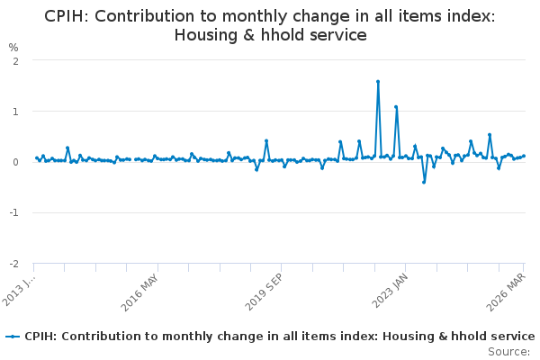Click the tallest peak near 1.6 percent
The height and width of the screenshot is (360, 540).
coord(378,82)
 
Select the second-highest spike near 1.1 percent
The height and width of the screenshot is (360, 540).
coord(396,107)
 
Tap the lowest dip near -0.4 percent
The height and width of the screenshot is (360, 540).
coord(424,182)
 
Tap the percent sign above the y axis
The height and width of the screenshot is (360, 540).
coord(13,47)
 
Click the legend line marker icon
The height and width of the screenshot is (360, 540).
coord(13,337)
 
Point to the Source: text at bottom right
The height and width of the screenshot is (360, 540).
coord(508,351)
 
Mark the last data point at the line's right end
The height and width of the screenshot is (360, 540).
coord(524,156)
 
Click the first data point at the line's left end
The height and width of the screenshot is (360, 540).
coord(37,157)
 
